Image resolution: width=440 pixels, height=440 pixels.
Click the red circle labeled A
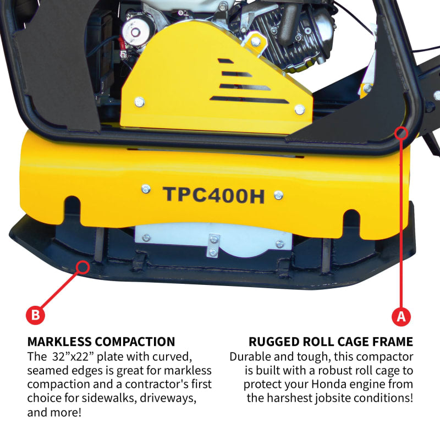pyautogui.click(x=400, y=316)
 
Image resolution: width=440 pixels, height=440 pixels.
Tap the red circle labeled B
pyautogui.click(x=35, y=315)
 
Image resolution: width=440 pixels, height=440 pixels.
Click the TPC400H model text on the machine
pyautogui.click(x=213, y=195)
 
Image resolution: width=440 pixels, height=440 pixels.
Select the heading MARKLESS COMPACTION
pyautogui.click(x=101, y=342)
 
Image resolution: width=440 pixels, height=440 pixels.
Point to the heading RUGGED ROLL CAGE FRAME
pyautogui.click(x=331, y=342)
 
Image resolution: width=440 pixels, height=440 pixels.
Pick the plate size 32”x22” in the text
pyautogui.click(x=71, y=356)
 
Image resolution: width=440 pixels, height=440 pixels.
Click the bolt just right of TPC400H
pyautogui.click(x=279, y=194)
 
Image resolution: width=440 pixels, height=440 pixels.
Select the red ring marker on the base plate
pyautogui.click(x=83, y=267)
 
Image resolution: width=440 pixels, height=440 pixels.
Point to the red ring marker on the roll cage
pyautogui.click(x=401, y=133)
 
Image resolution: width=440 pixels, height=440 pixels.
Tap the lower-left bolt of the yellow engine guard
pyautogui.click(x=140, y=102)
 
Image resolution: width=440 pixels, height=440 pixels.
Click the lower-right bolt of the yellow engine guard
pyautogui.click(x=299, y=109)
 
